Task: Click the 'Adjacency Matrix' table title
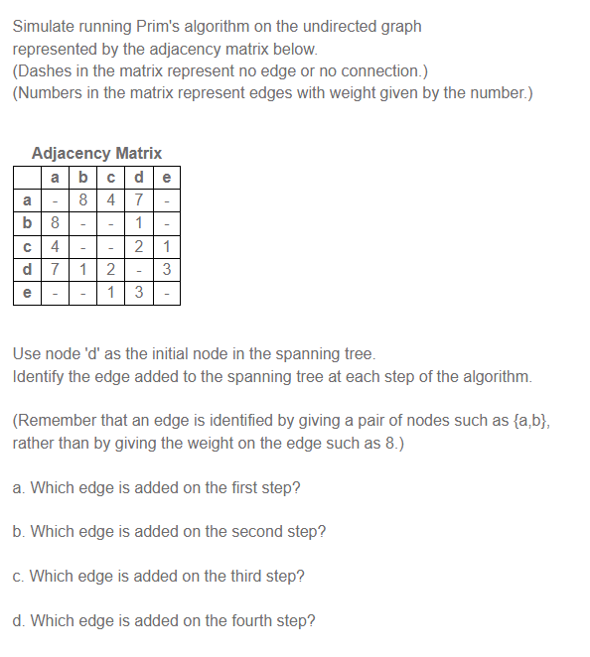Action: point(96,153)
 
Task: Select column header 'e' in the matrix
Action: point(168,178)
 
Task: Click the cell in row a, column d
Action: point(140,199)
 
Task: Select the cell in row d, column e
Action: point(168,269)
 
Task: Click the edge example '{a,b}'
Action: point(525,421)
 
